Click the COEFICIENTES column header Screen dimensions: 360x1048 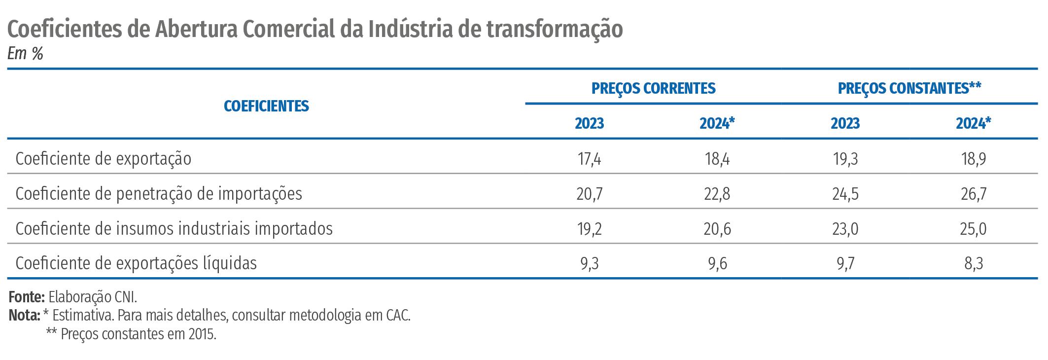[266, 106]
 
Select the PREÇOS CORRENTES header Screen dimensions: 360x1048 [653, 88]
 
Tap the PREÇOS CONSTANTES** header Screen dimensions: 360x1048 [909, 88]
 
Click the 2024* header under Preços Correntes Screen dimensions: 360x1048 [717, 123]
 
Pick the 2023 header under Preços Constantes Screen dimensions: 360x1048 [845, 123]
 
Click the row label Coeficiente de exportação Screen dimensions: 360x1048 [104, 159]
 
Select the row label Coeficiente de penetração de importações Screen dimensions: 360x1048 [159, 194]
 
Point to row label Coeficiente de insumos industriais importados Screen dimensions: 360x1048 [174, 229]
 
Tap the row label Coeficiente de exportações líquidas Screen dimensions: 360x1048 [136, 263]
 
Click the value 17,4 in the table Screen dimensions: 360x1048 [589, 159]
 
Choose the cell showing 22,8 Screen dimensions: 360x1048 [717, 194]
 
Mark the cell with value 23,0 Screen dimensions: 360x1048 [845, 229]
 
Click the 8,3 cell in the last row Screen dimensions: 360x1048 [974, 263]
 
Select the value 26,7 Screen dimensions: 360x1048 [974, 194]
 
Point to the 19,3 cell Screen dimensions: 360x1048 [845, 159]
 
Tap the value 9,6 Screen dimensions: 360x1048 [717, 263]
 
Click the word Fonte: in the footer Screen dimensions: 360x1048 [27, 297]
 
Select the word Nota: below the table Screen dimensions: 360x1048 [24, 315]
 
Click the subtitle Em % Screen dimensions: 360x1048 [25, 53]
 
